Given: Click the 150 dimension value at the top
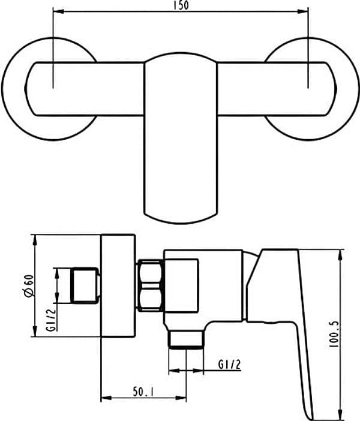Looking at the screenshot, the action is click(181, 5).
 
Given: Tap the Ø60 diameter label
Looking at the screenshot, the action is click(29, 285).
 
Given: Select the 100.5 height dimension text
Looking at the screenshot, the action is click(334, 333).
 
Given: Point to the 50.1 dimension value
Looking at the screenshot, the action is click(143, 392).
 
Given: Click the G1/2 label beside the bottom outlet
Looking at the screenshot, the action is click(229, 365).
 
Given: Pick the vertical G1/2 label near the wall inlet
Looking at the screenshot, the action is click(51, 320).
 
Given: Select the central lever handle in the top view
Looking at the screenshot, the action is click(181, 138).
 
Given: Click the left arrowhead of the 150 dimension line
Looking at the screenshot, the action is click(58, 11).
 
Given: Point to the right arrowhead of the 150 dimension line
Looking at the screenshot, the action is click(303, 11).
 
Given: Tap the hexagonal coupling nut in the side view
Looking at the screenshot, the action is click(151, 285).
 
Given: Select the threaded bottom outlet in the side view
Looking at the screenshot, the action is click(186, 340).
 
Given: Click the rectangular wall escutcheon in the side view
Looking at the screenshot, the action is click(118, 285).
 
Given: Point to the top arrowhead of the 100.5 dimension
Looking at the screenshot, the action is click(340, 255).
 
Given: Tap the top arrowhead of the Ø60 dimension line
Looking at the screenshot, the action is click(35, 240).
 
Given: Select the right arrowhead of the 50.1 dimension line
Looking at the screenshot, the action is click(181, 398).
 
